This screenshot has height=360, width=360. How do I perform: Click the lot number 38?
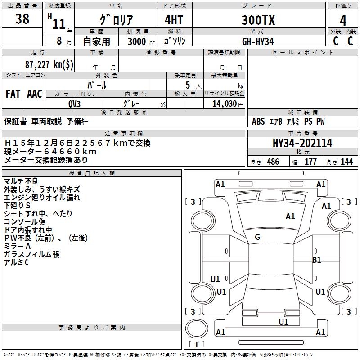click(x=22, y=19)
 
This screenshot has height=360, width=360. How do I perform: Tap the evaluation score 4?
click(x=343, y=20)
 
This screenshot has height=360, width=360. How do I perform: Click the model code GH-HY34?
click(x=258, y=41)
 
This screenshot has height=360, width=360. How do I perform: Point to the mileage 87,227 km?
click(x=49, y=64)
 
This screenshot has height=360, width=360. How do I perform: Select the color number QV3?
click(x=75, y=103)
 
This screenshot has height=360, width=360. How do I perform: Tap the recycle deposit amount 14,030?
click(x=224, y=103)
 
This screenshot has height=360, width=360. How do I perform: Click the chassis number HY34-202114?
click(x=302, y=143)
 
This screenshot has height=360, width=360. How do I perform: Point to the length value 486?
click(x=273, y=162)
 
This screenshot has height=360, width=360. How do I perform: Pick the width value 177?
click(x=310, y=162)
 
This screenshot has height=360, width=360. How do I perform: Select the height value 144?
click(x=346, y=162)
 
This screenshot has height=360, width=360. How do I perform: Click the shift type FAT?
click(x=13, y=94)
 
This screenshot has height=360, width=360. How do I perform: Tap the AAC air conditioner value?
click(x=35, y=94)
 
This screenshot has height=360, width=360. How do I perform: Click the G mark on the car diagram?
click(x=257, y=237)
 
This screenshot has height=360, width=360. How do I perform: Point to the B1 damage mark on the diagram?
click(x=317, y=260)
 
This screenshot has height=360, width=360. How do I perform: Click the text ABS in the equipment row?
click(x=258, y=121)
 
